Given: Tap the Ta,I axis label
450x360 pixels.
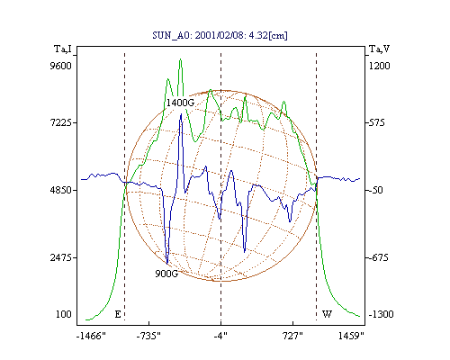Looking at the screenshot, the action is click(x=63, y=49).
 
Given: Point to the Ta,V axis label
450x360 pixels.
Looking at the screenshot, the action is click(x=379, y=49).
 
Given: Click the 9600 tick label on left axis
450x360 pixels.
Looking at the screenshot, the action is click(x=61, y=66).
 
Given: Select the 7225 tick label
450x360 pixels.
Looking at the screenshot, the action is click(x=61, y=122).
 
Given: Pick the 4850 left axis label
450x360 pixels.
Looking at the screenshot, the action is click(x=61, y=190).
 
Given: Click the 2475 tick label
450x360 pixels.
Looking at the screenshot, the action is click(x=61, y=257).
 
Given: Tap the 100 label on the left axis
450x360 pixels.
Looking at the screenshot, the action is click(x=64, y=314).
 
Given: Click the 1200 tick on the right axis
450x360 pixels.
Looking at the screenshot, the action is click(x=380, y=66).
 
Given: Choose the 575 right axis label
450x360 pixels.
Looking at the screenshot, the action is click(x=375, y=122).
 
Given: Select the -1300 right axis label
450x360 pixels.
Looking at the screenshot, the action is click(x=381, y=314).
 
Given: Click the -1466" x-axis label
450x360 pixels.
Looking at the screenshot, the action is click(x=91, y=336).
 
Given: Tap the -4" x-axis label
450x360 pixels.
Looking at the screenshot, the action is click(x=220, y=336).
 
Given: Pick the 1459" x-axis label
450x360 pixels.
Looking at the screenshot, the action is click(x=351, y=336).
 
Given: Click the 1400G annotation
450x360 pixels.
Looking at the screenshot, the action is click(x=180, y=103).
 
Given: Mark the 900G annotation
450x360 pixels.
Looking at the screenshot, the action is click(x=166, y=274).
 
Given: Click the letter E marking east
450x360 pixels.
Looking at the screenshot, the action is click(x=118, y=314).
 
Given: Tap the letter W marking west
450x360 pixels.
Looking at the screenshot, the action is click(x=327, y=314).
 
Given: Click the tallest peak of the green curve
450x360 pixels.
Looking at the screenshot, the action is click(x=180, y=59).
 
